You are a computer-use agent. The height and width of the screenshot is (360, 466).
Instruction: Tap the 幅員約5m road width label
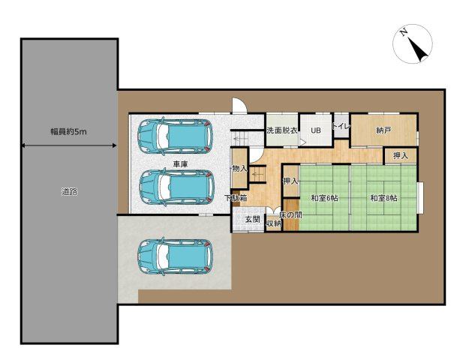click(68, 132)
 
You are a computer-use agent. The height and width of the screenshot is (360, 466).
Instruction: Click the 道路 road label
click(70, 191)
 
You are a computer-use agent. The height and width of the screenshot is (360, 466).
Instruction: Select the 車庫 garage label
click(180, 164)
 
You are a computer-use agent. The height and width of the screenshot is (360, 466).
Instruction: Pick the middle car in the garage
click(177, 187)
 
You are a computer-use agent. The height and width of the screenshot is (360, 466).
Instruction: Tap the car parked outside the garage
click(176, 256)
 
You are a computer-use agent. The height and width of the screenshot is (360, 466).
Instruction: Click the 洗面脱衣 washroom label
click(282, 130)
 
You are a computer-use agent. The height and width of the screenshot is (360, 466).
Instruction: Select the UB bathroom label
click(316, 130)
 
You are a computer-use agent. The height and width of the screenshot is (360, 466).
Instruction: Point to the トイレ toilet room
click(341, 126)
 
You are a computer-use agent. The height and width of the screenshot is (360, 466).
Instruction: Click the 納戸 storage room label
click(383, 130)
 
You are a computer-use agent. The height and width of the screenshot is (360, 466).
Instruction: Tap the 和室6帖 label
click(324, 198)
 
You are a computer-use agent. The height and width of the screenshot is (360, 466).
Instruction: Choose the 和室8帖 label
click(383, 198)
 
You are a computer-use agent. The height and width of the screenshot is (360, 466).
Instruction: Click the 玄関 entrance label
click(253, 220)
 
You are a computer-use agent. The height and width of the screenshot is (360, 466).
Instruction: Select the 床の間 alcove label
click(290, 214)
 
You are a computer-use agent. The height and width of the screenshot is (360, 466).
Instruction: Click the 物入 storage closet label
click(239, 169)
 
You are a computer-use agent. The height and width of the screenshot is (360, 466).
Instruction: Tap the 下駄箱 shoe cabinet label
click(236, 198)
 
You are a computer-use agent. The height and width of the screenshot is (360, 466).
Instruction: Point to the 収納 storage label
click(273, 223)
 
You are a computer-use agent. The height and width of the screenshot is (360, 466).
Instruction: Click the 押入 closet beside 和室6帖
click(290, 181)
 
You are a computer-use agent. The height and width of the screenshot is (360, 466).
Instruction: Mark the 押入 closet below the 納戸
click(401, 156)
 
